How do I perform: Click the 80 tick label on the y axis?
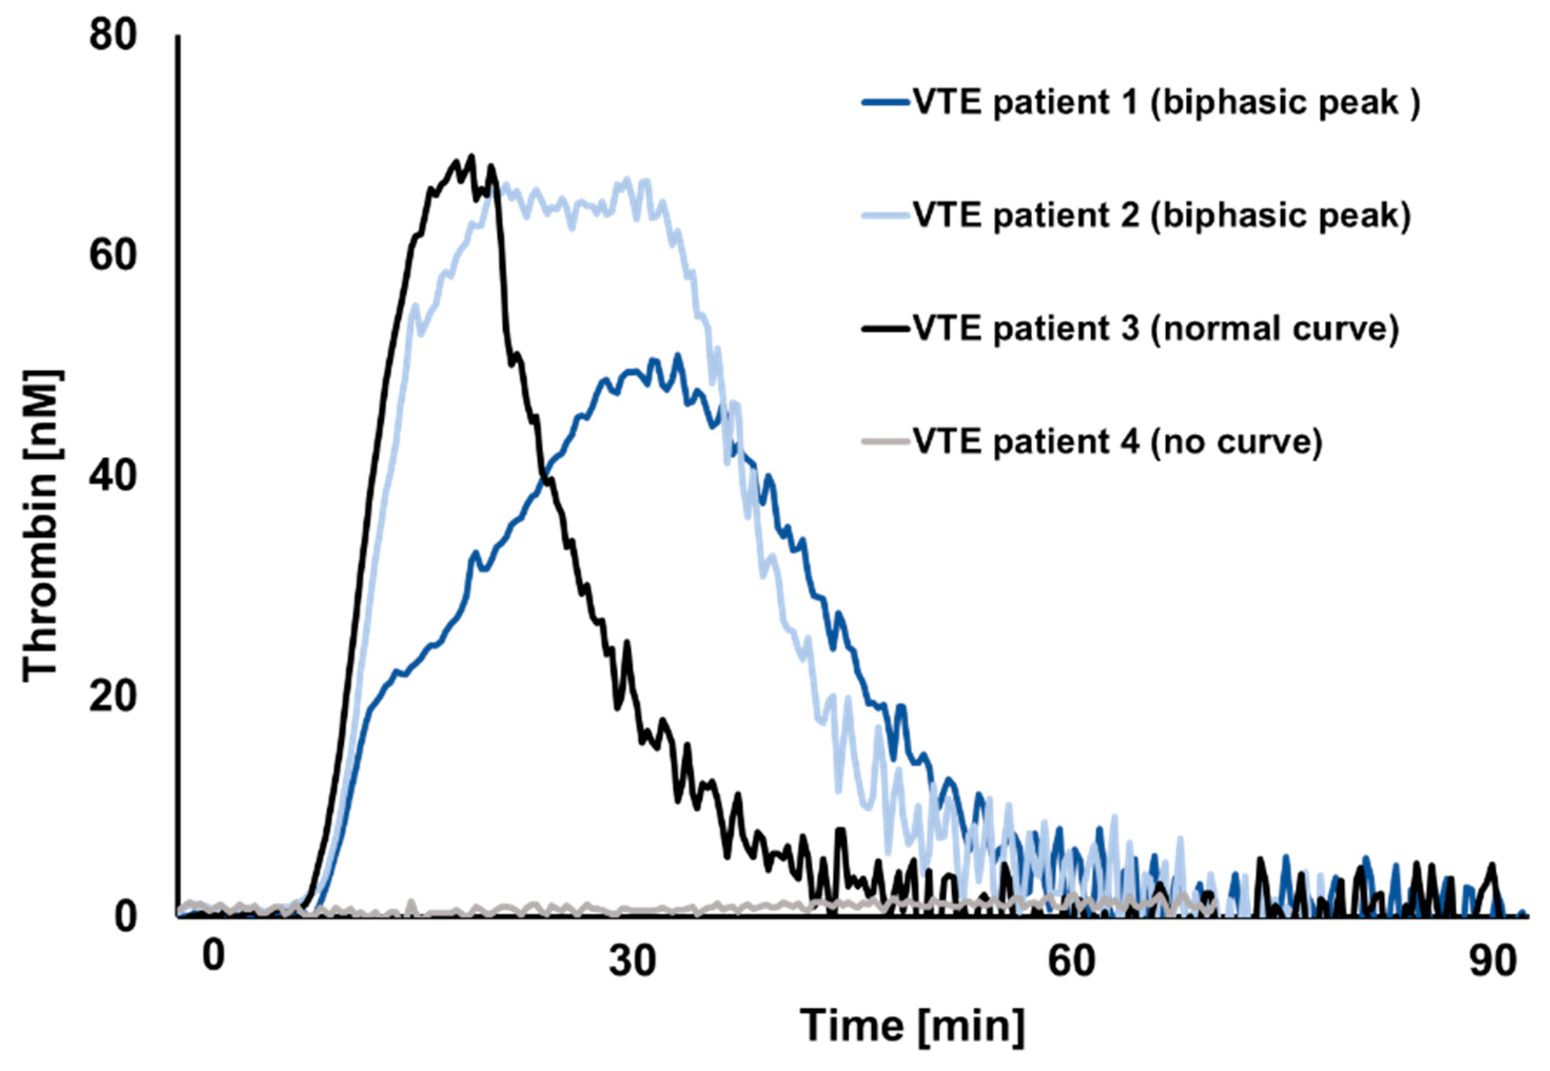point(112,35)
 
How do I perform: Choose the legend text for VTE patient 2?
point(1161,216)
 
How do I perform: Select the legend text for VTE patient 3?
point(1155,329)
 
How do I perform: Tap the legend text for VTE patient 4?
point(1117,441)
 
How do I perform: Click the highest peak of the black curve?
point(471,156)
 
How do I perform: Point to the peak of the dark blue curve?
point(678,356)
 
